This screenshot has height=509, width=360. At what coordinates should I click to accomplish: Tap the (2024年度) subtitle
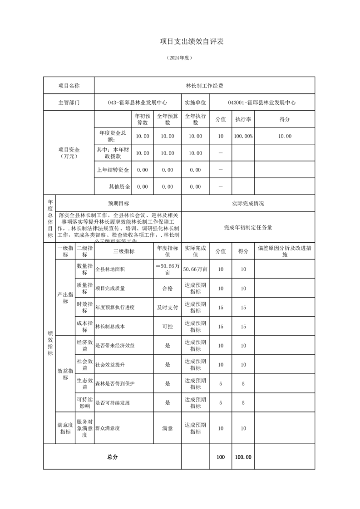click(180, 58)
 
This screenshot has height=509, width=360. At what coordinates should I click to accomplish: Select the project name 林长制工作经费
click(204, 85)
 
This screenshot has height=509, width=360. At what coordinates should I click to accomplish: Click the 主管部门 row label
click(69, 103)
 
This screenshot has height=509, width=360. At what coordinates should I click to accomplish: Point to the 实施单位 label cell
click(195, 103)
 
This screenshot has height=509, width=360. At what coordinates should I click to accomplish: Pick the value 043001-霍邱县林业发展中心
click(262, 103)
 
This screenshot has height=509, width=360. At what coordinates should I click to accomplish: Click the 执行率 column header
click(243, 119)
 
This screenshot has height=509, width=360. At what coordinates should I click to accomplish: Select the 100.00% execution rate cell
click(243, 136)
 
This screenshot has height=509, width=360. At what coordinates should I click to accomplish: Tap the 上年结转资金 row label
click(113, 170)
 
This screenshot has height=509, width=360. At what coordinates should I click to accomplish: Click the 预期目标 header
click(118, 204)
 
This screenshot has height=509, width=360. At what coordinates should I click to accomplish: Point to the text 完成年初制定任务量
click(248, 227)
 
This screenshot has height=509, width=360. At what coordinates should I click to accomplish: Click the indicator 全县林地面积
click(110, 269)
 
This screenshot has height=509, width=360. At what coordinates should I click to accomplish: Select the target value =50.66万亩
click(168, 269)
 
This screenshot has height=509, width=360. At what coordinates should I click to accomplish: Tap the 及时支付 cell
click(168, 308)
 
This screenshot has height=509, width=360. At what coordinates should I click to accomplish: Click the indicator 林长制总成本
click(110, 327)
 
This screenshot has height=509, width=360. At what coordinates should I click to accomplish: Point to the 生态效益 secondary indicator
click(85, 384)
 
